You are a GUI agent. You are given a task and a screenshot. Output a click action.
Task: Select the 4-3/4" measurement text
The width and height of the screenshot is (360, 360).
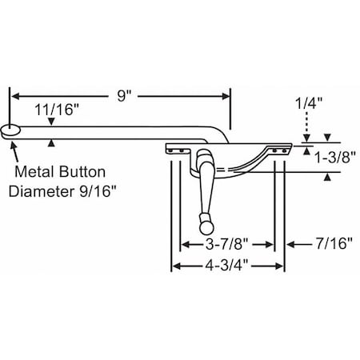pos(226,268)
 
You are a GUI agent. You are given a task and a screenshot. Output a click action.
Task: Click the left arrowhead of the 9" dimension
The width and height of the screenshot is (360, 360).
pos(14,95)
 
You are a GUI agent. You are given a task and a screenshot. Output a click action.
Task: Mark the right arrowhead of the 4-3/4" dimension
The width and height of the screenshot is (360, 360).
pos(281,268)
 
